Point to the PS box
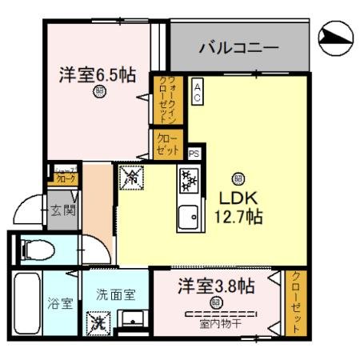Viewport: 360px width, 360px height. pos(193,153)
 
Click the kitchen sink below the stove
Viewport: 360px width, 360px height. pos(189,216)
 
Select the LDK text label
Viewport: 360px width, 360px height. pos(237,197)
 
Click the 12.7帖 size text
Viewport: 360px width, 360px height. pos(237,216)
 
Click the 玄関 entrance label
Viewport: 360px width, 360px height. pos(63,211)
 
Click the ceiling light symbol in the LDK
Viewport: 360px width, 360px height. pos(237,178)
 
